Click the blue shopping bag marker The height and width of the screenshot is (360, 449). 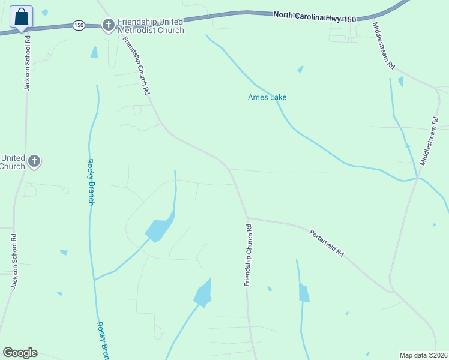(x=22, y=17)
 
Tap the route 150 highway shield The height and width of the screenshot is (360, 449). (x=79, y=25)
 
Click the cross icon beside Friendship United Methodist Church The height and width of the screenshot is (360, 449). (x=109, y=25)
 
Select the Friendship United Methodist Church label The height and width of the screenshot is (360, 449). (x=151, y=26)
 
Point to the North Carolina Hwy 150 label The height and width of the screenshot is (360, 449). (x=315, y=17)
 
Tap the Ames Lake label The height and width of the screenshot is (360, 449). (x=267, y=97)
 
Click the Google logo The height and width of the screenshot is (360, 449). (x=20, y=353)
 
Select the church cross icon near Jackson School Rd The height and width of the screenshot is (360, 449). (x=35, y=161)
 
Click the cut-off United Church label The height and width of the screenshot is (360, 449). (x=12, y=162)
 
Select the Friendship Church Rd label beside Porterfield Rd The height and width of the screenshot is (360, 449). (x=247, y=254)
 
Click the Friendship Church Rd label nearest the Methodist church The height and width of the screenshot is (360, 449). (x=136, y=66)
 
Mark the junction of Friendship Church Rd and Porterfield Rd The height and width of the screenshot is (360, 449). (x=247, y=218)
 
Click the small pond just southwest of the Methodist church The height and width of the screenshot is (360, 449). (x=94, y=53)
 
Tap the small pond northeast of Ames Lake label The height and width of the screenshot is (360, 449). (x=300, y=69)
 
